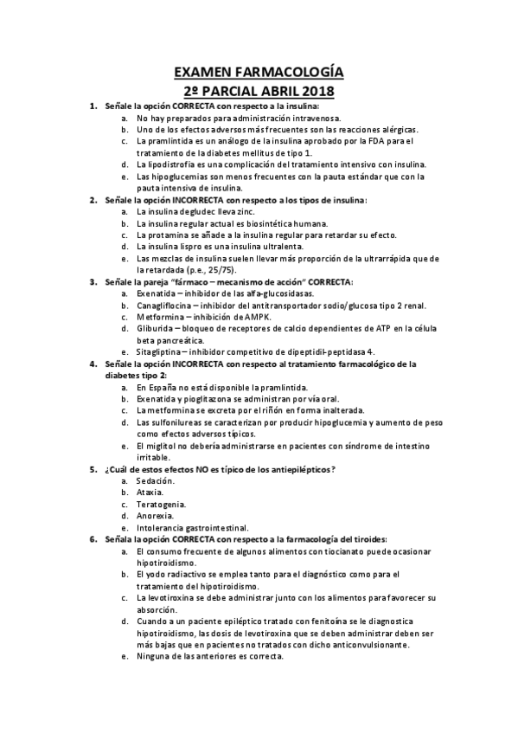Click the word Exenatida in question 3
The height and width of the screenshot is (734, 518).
click(157, 293)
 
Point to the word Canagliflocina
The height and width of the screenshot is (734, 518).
click(168, 306)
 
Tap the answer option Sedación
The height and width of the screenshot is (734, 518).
click(157, 480)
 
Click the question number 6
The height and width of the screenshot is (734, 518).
click(93, 539)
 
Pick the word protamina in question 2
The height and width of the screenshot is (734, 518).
click(165, 235)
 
